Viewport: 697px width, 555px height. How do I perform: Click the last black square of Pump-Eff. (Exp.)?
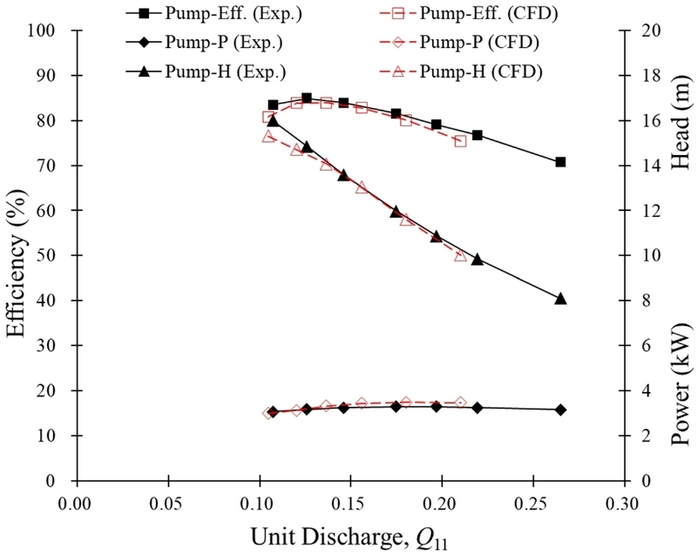(x=560, y=162)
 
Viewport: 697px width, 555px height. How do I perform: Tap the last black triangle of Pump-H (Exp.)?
(x=560, y=298)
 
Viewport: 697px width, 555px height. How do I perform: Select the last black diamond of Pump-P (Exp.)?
(x=560, y=409)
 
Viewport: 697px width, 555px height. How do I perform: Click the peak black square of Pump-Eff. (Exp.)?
(x=307, y=98)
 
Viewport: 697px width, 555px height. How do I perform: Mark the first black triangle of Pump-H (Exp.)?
(x=273, y=120)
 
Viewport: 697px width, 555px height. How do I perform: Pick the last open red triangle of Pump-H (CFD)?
(x=461, y=255)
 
